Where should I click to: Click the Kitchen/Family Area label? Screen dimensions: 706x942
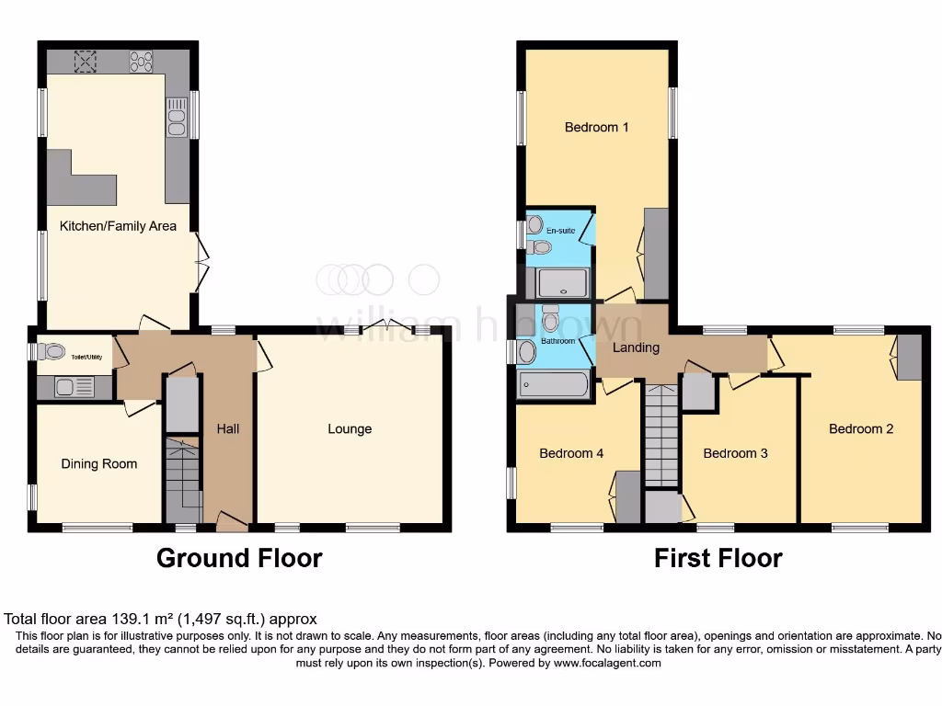pos(118,225)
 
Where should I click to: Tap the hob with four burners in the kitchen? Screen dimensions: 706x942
pos(143,61)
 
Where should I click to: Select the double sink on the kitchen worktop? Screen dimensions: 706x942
pos(176,117)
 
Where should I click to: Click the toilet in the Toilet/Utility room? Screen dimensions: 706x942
pos(52,351)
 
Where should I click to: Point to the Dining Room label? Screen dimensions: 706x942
pos(98,463)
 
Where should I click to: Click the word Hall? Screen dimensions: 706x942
pos(227,428)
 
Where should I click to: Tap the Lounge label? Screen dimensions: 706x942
pos(350,428)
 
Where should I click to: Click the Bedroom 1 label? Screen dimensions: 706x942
pos(596,127)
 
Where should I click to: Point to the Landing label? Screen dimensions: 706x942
pos(636,347)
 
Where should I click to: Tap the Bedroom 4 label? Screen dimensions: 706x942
pos(571,453)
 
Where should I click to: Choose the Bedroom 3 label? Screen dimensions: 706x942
pos(735,453)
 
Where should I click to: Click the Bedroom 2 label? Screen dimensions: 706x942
pos(861,428)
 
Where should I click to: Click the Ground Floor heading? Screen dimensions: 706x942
pos(239,558)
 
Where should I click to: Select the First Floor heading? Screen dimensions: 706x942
pos(718,558)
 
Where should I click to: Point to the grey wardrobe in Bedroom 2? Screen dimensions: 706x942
pos(909,357)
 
